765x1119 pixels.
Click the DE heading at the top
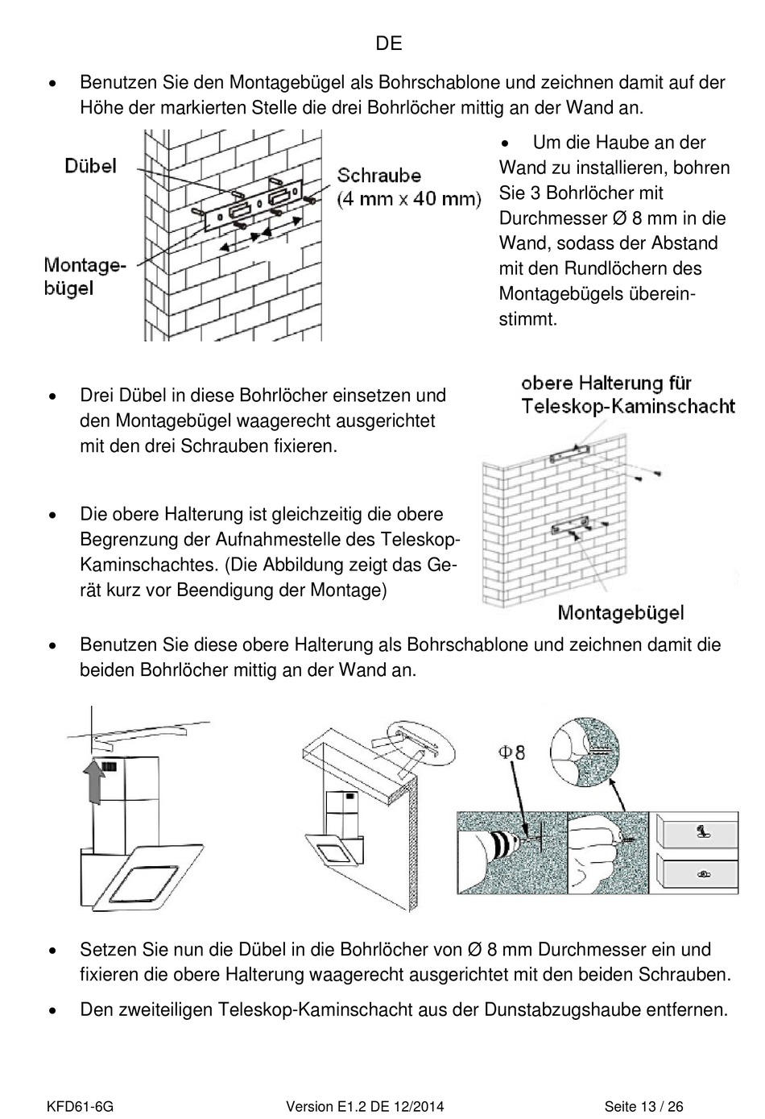(389, 44)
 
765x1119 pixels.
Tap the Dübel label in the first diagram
(90, 166)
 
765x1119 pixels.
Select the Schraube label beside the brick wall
(379, 176)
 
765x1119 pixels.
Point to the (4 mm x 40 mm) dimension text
(408, 198)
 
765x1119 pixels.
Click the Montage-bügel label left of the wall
(85, 276)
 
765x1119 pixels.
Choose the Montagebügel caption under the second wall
(620, 613)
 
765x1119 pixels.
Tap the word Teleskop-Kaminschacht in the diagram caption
(628, 406)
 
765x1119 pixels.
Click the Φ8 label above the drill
(511, 752)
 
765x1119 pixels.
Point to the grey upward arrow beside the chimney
(94, 785)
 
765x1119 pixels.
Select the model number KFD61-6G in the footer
(79, 1107)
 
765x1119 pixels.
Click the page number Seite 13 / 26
(644, 1107)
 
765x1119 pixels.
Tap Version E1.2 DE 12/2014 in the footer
(365, 1107)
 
